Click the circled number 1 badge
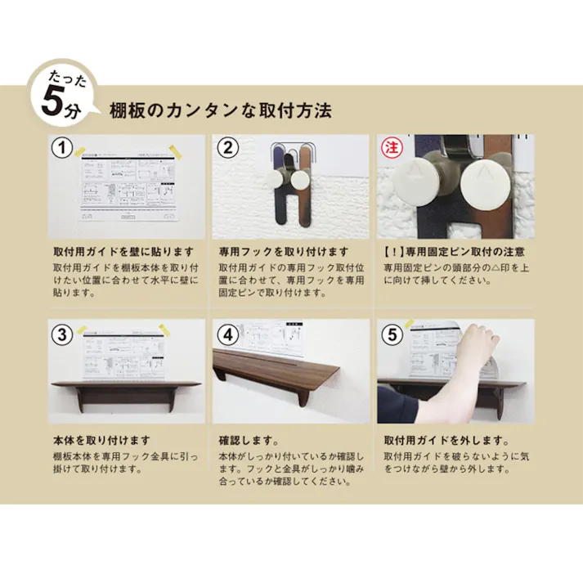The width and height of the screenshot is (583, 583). [61, 148]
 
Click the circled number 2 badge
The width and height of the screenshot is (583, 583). [228, 148]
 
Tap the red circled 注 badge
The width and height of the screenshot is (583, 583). [390, 148]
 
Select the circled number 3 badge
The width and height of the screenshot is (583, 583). [61, 334]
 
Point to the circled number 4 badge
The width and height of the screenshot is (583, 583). [228, 334]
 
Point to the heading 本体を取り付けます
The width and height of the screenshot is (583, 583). [101, 440]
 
